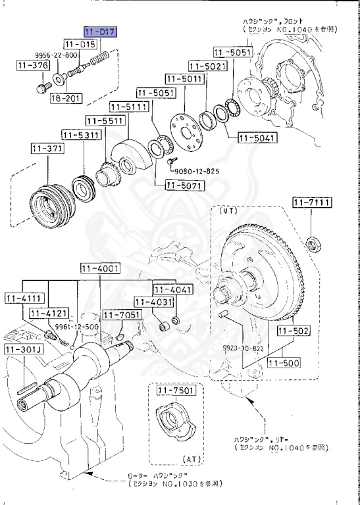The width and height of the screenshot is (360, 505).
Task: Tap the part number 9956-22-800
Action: (57, 56)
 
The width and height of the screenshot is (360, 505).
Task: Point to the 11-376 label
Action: (30, 66)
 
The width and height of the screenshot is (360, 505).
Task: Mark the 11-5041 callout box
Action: (257, 138)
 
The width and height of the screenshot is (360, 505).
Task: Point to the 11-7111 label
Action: (313, 201)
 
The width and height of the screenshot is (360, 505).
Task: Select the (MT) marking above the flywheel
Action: (228, 212)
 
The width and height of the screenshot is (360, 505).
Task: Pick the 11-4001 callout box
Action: (100, 268)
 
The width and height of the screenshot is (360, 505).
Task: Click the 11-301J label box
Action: (24, 349)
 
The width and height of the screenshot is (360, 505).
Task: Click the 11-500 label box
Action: (284, 362)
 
